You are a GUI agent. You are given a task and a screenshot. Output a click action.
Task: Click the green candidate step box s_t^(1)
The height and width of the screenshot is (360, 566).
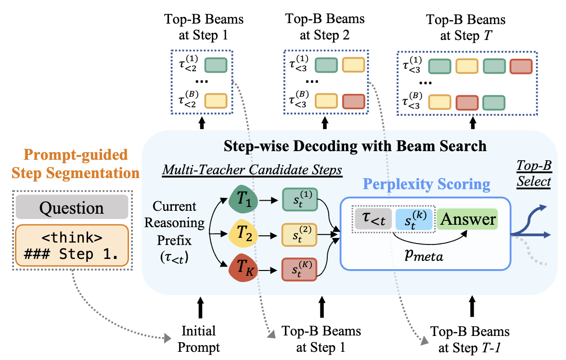[298, 198]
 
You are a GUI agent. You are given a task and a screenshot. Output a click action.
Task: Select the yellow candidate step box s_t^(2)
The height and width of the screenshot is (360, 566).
[298, 234]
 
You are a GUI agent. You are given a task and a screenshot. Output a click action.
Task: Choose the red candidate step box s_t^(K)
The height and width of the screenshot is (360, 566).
[298, 270]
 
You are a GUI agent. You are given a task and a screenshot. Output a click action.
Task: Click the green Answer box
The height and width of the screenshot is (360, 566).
[466, 219]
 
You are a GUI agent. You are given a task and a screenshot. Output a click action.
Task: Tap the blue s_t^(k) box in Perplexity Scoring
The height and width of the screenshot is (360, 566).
[413, 220]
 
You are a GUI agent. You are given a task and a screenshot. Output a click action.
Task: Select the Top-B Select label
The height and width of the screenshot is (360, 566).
[534, 174]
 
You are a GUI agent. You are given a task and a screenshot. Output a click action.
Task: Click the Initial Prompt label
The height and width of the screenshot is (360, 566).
[198, 339]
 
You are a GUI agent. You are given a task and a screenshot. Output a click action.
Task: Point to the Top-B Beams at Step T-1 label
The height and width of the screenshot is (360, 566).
[470, 339]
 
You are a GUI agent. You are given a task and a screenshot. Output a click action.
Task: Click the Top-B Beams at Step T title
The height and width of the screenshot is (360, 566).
[466, 27]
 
